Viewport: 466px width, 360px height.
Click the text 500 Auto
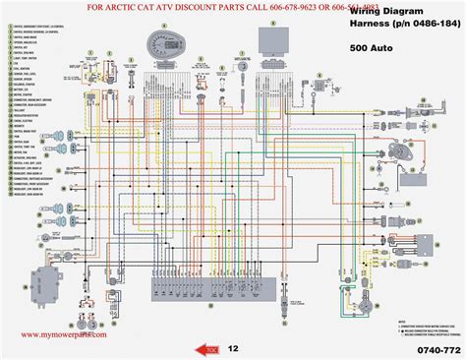coord(373,46)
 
